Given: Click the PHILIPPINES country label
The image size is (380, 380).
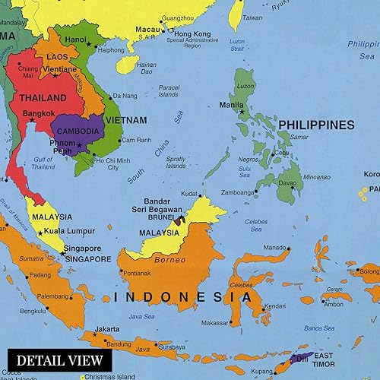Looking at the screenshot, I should point(316,125).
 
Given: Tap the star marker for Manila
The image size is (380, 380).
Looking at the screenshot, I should point(242,111).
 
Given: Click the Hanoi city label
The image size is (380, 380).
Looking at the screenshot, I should point(76,40).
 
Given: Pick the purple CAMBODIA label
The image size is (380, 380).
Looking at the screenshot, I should point(78,131).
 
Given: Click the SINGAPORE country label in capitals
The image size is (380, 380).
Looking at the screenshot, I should point(75,258).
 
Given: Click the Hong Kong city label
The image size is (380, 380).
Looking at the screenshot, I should point(192,34).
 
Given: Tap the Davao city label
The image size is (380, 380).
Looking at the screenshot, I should point(287,182).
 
